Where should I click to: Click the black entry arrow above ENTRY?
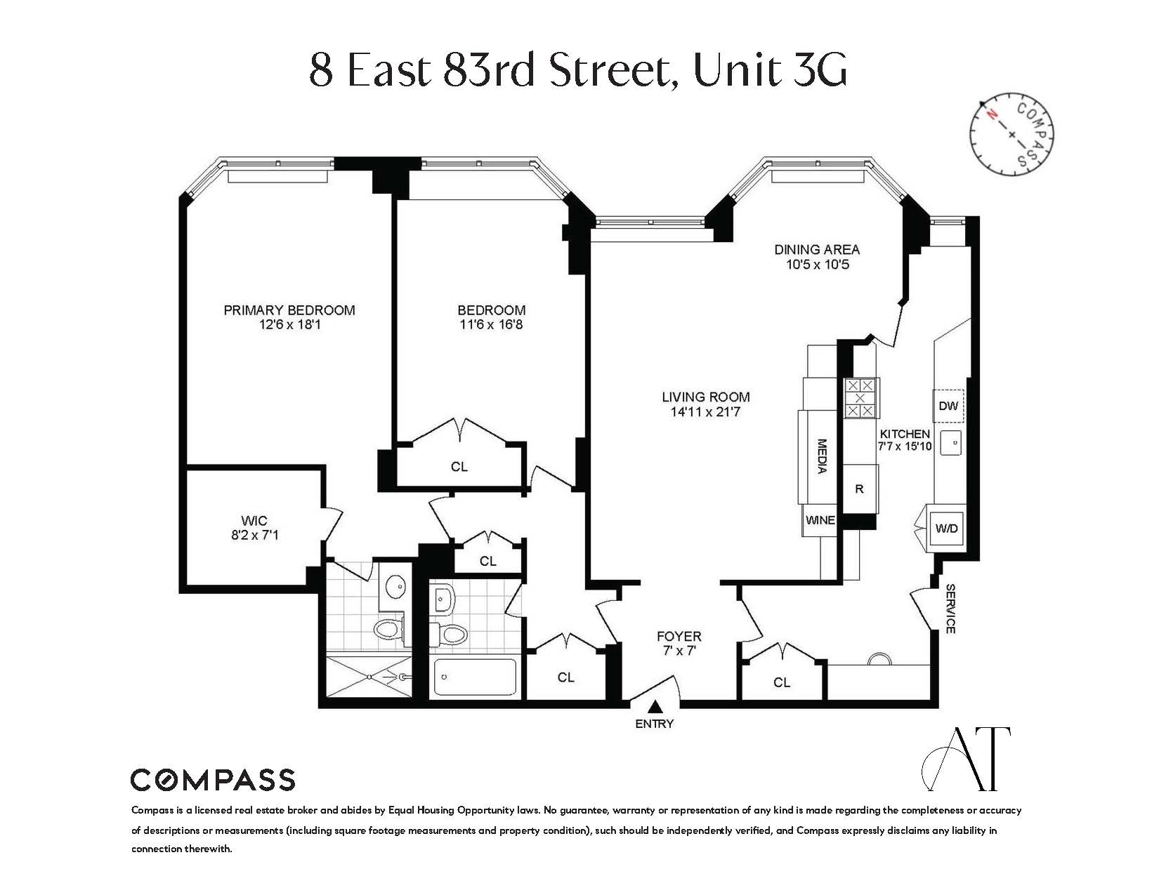point(655,707)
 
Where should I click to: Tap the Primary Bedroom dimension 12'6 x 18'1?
point(289,325)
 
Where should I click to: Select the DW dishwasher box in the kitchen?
point(948,406)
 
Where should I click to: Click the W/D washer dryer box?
point(947,529)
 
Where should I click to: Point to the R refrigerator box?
point(859,489)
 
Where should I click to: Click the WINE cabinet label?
point(820,520)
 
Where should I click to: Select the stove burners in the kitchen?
point(860,398)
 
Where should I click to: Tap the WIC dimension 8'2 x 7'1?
point(254,536)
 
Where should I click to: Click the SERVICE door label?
point(950,609)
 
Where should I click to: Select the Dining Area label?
point(817,249)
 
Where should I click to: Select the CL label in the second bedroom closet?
point(459,467)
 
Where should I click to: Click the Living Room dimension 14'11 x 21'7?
point(705,412)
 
